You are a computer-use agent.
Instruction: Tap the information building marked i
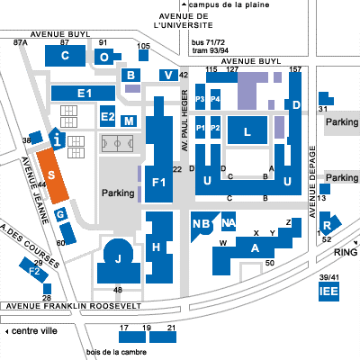point(58,139)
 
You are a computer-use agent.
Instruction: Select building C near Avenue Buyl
point(65,56)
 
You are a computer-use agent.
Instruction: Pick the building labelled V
point(168,75)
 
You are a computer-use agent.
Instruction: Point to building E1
point(83,93)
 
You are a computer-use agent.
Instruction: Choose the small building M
point(129,121)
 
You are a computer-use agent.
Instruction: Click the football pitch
point(117,144)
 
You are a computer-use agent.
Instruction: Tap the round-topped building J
point(119,262)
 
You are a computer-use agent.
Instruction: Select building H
point(159,247)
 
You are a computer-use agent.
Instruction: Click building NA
point(229,221)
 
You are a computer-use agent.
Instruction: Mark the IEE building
point(328,292)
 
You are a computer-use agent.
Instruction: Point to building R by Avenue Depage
point(328,224)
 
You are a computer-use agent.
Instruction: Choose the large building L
point(247,130)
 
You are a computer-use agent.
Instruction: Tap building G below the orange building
point(61,215)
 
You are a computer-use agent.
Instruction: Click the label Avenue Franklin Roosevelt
point(74,306)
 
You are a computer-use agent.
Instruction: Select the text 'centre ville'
point(34,331)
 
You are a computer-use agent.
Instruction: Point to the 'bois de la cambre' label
point(116,352)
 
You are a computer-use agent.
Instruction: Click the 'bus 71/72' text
point(208,42)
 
